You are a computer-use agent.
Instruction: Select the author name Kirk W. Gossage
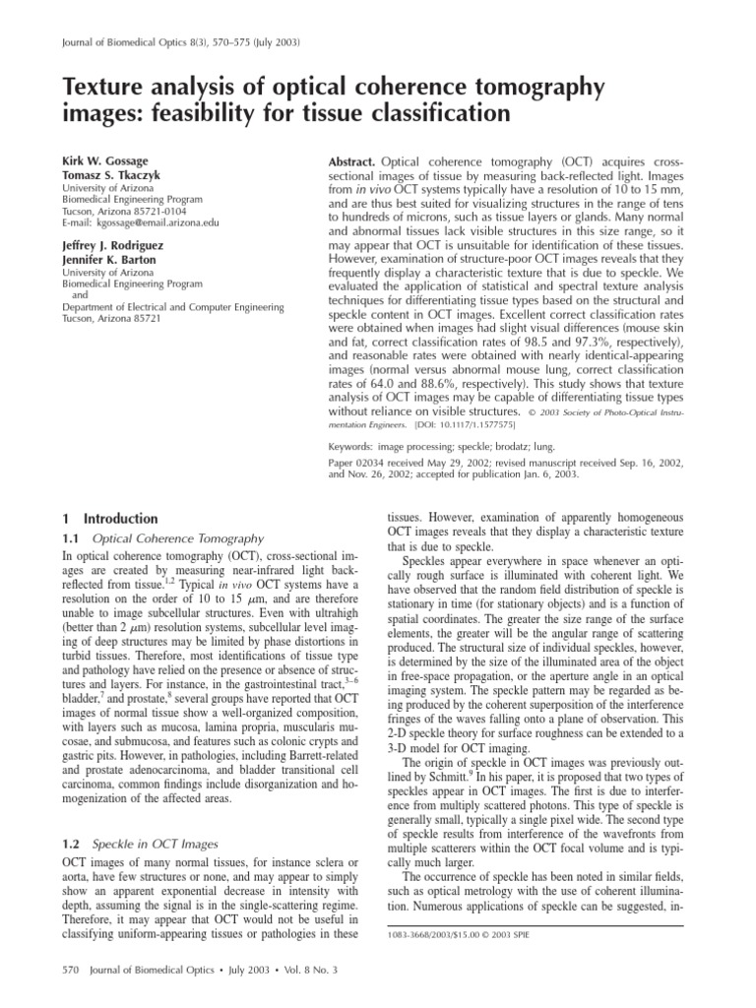[x=90, y=158]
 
